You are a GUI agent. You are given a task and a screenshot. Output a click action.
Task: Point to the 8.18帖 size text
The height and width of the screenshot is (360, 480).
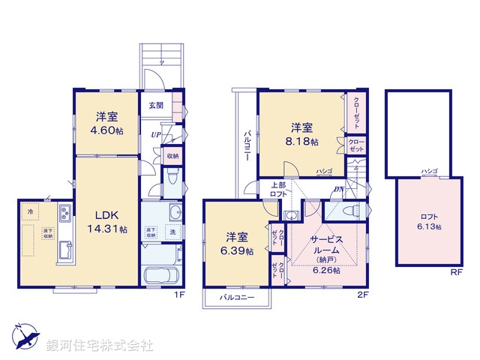[x=304, y=141]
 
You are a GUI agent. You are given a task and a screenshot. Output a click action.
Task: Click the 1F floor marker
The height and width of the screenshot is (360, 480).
[x=179, y=295]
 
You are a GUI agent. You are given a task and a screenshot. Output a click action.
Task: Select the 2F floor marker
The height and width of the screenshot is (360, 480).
[x=362, y=295]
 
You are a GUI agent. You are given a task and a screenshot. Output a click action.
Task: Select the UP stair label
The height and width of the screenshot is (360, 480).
[x=155, y=135]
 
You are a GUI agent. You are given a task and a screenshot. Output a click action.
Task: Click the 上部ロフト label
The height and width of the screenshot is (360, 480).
[x=257, y=189]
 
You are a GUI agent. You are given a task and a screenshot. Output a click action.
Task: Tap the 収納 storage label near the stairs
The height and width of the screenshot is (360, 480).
[x=172, y=155]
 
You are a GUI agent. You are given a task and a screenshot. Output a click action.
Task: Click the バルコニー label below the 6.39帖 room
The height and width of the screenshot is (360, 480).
[x=237, y=298]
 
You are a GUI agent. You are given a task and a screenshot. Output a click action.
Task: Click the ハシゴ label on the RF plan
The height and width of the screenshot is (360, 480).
[x=429, y=171]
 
